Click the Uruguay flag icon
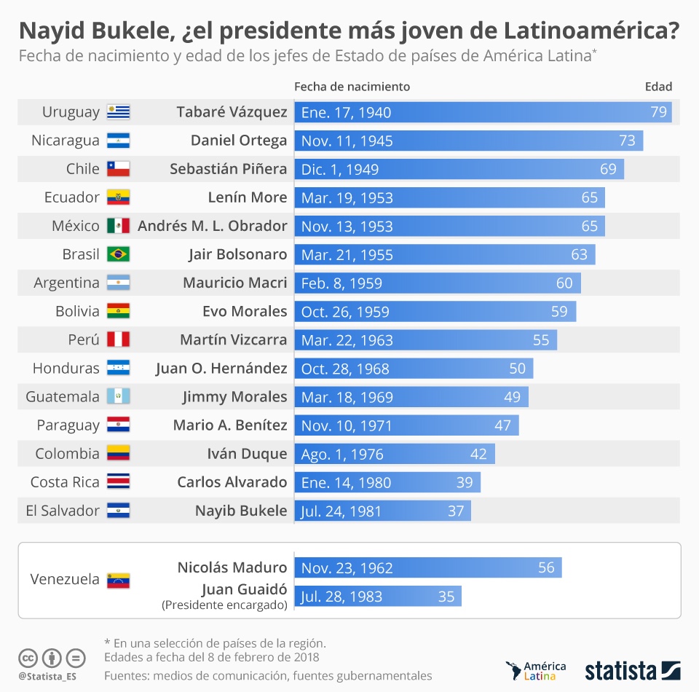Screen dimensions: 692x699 [118, 112]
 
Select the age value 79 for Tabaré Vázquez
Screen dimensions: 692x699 [658, 112]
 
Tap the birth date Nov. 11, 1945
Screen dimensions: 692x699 [347, 141]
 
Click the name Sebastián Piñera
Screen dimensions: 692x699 [228, 169]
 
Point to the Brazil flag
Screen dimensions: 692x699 [118, 254]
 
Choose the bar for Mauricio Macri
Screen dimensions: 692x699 [437, 283]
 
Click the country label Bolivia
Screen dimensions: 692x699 [77, 311]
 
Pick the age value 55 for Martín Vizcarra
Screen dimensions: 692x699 [540, 340]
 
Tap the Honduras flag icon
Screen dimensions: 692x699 [118, 368]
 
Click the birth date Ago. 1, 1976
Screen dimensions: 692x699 [342, 454]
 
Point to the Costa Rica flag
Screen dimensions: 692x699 [118, 481]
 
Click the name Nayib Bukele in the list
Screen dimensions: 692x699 [241, 511]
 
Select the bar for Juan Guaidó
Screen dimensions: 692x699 [377, 597]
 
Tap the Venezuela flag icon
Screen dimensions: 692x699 [118, 580]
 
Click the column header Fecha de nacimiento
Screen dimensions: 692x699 [352, 87]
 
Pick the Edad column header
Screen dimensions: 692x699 [658, 87]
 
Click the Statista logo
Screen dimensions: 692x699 [632, 670]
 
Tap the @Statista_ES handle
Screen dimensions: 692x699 [48, 677]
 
